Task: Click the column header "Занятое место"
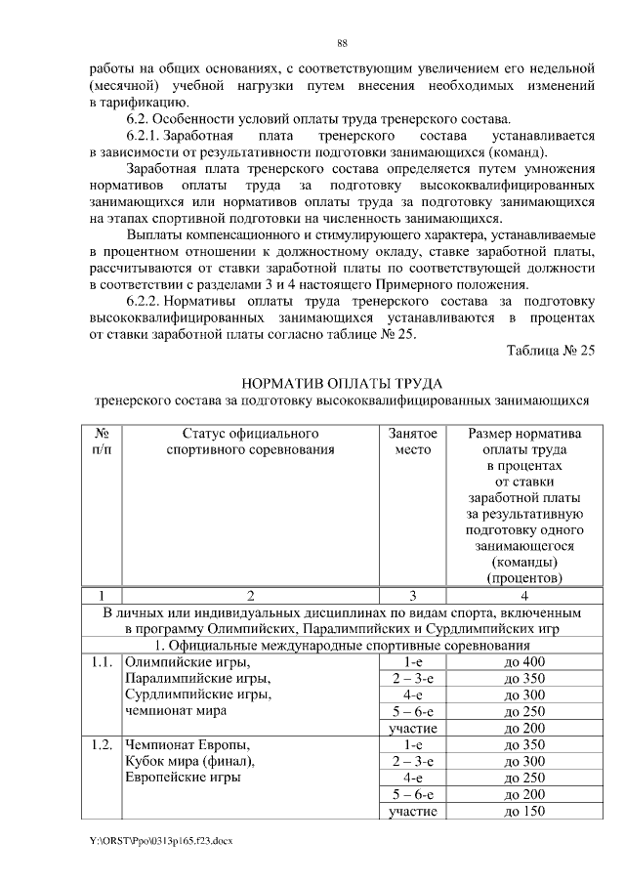click(x=412, y=442)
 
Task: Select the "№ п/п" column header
click(x=101, y=442)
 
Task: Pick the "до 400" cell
click(x=524, y=662)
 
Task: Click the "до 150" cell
click(x=524, y=812)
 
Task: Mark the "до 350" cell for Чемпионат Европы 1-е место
click(x=524, y=745)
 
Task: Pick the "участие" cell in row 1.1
click(x=412, y=729)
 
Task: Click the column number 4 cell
click(x=524, y=595)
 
